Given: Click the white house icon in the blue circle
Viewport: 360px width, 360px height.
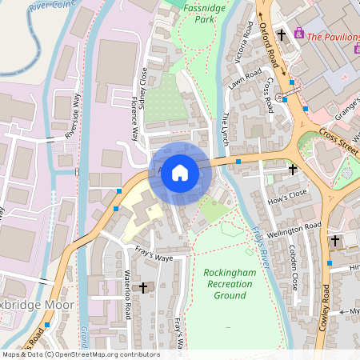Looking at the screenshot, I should pyautogui.click(x=180, y=173).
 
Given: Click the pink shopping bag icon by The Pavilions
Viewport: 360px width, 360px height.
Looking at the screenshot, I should pyautogui.click(x=299, y=34).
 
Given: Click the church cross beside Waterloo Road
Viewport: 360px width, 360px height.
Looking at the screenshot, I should pyautogui.click(x=143, y=286).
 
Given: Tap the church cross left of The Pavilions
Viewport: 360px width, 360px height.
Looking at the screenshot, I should pyautogui.click(x=282, y=34).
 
